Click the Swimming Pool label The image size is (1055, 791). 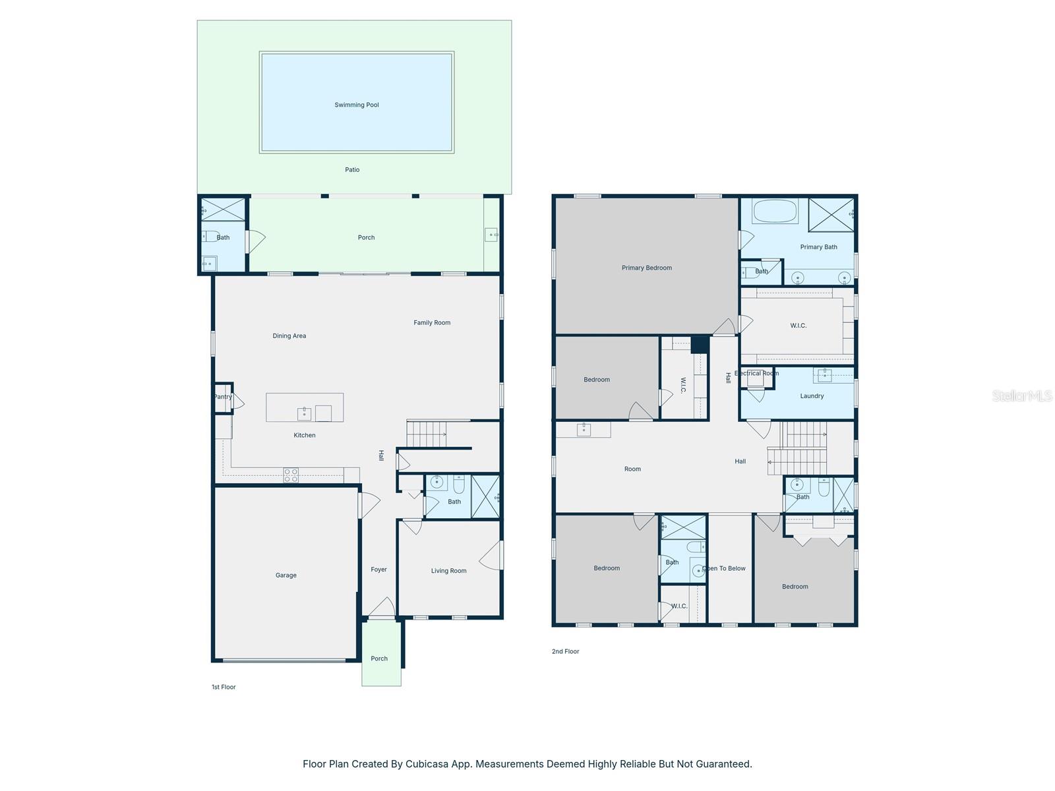[356, 105]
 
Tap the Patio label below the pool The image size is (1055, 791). [352, 169]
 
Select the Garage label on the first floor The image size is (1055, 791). [286, 575]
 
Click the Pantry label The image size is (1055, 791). [223, 397]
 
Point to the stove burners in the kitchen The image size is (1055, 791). [291, 475]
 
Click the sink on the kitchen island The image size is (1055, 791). [304, 414]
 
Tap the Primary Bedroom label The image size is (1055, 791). [646, 268]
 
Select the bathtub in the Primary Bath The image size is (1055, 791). [775, 212]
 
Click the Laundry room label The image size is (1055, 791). [812, 396]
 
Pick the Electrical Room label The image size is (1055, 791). [756, 373]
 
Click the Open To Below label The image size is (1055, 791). [724, 568]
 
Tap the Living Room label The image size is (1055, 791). [448, 571]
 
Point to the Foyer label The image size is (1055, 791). [378, 570]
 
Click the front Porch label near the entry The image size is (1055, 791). [379, 659]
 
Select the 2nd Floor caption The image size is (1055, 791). [565, 651]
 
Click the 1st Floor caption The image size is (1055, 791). [224, 687]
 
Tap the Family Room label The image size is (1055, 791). [432, 323]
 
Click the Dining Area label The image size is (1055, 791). [289, 336]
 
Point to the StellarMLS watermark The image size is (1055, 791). [1021, 396]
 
